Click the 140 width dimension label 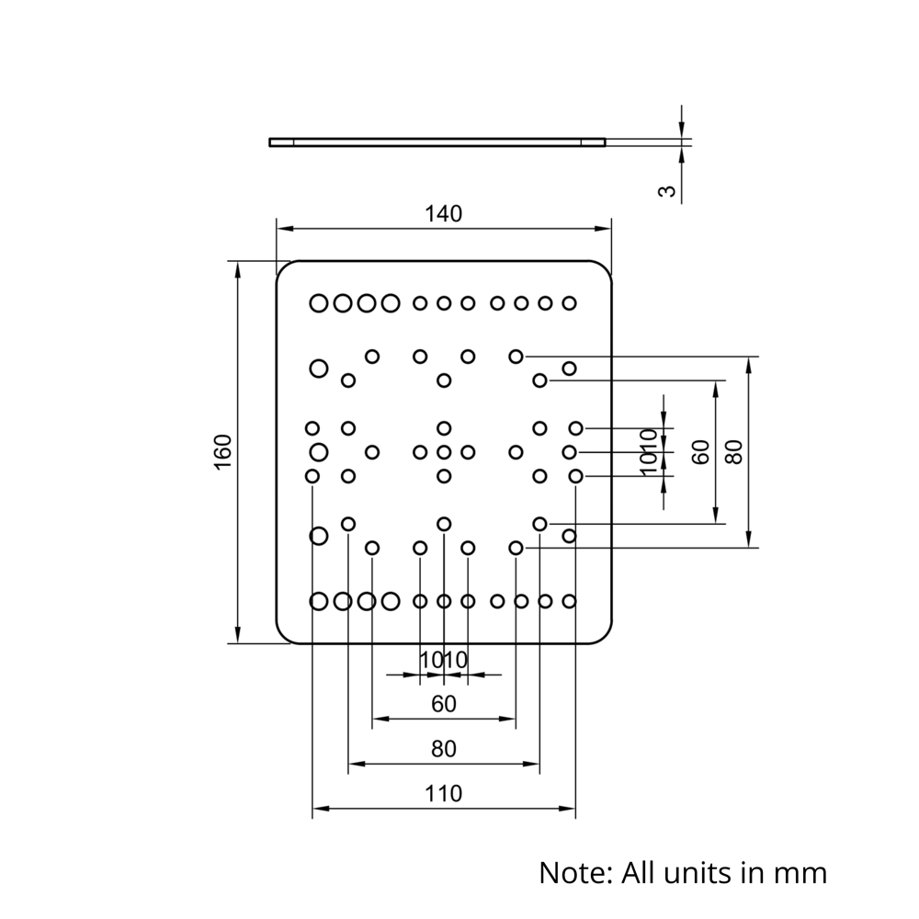click(x=443, y=214)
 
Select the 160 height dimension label click(x=223, y=451)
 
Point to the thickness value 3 click(x=669, y=191)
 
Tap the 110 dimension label click(x=443, y=792)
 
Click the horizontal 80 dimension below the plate click(x=443, y=749)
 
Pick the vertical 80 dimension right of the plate click(x=732, y=451)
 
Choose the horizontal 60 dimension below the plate click(x=443, y=705)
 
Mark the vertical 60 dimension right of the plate click(x=701, y=451)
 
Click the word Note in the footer click(x=574, y=871)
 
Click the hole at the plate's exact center click(x=444, y=452)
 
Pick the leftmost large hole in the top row click(x=319, y=302)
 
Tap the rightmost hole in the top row click(x=569, y=302)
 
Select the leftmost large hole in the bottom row click(x=319, y=601)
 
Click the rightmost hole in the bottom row click(x=569, y=601)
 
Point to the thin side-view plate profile click(x=437, y=142)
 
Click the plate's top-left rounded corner click(x=282, y=267)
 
